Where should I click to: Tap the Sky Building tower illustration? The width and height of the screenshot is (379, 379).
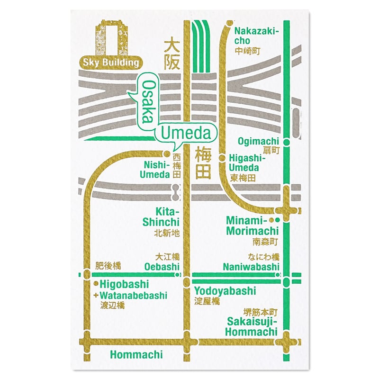pos(111,38)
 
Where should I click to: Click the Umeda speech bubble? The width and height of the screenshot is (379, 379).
pos(186,134)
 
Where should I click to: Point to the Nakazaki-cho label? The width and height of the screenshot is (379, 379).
pos(257,36)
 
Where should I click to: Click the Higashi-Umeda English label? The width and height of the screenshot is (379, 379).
pos(244,162)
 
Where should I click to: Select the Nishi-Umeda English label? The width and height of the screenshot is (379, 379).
pos(155,170)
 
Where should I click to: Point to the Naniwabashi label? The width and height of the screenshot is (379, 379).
pos(251,267)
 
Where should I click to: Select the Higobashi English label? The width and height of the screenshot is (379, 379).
pos(125,285)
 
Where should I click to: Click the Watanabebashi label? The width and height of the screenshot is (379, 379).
pos(134,296)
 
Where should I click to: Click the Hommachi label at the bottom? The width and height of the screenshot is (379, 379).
pos(136,354)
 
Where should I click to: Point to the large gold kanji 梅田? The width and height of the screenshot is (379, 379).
pos(203,163)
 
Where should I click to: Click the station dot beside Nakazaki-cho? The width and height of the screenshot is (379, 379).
pos(229,23)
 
